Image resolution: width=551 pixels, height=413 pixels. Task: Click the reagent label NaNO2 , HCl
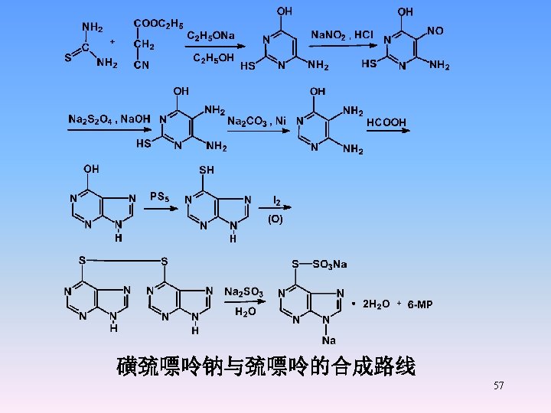[x=342, y=35]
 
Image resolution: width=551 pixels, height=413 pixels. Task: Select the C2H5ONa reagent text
[x=211, y=35]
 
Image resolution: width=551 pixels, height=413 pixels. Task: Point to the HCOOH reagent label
[x=386, y=122]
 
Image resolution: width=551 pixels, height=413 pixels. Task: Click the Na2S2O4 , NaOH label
[x=109, y=119]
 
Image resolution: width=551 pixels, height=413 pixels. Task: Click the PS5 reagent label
[x=159, y=197]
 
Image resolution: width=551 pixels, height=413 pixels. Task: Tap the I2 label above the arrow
[x=277, y=201]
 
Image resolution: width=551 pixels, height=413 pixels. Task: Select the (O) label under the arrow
[x=275, y=219]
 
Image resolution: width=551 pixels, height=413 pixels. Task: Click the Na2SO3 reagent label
[x=243, y=291]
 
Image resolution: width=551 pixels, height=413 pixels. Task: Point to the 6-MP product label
[x=420, y=304]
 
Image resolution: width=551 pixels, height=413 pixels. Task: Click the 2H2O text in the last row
[x=375, y=304]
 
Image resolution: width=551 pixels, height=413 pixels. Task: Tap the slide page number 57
[x=498, y=385]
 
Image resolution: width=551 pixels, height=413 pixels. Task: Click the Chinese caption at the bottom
[x=266, y=367]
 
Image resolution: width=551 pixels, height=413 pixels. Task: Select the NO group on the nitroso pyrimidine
[x=435, y=31]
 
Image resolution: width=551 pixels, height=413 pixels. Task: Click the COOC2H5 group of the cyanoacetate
[x=158, y=24]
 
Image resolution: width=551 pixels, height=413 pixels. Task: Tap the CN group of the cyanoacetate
[x=142, y=66]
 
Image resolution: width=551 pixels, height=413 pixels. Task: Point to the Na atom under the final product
[x=328, y=340]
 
